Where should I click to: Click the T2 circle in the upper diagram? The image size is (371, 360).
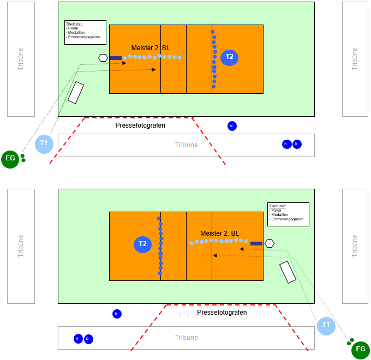pos(230,57)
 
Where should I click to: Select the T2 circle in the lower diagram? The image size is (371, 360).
pos(142,244)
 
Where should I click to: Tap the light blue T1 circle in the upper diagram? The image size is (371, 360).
pos(44,143)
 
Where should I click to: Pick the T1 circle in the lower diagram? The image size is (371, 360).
pos(326,325)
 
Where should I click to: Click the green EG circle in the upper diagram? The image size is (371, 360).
pos(10,159)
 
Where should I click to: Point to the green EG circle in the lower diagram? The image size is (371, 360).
pos(360,350)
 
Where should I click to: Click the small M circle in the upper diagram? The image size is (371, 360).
pos(232,126)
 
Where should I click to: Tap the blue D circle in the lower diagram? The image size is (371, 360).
pos(88,339)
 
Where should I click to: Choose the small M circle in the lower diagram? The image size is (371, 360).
pos(117,314)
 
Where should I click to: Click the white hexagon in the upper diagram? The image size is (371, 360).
pos(103,58)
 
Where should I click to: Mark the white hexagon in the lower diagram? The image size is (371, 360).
pos(269,243)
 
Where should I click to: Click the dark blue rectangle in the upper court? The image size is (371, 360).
pos(116,58)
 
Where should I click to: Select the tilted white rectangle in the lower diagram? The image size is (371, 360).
pos(288,272)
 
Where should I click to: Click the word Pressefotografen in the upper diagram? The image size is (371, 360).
pos(140,125)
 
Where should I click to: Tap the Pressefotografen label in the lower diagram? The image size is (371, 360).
pos(222,313)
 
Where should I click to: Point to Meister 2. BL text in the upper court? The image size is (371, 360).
pos(151,48)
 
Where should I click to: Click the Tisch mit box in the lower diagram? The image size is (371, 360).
pos(288,214)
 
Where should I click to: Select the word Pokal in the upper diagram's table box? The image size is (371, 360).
pos(73,28)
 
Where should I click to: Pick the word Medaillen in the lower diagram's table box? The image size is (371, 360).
pos(278,215)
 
